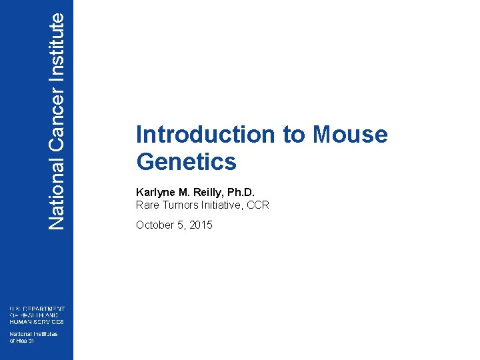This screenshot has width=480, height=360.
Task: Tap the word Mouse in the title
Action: [x=350, y=135]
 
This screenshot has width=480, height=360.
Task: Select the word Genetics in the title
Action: [x=186, y=162]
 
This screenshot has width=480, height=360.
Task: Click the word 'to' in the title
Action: [x=294, y=135]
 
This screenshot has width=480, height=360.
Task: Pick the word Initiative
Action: [x=223, y=205]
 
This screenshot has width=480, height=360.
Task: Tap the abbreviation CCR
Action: [x=258, y=205]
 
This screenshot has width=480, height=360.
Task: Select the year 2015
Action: [x=201, y=225]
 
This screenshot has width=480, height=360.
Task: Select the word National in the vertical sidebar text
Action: [x=57, y=194]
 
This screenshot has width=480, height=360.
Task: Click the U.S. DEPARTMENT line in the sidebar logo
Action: [x=37, y=309]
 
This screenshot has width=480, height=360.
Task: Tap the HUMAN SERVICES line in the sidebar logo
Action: [x=37, y=321]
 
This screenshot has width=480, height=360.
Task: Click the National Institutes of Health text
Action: [x=33, y=337]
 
